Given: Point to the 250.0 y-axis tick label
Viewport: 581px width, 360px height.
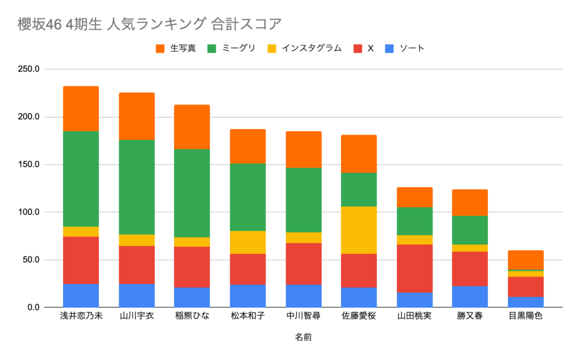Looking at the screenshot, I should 28,69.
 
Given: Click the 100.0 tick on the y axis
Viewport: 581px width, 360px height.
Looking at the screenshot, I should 28,212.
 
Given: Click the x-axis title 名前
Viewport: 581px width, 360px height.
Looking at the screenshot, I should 303,337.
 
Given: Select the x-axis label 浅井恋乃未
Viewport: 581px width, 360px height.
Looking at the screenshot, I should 81,316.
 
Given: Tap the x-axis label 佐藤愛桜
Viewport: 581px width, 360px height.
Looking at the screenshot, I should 359,316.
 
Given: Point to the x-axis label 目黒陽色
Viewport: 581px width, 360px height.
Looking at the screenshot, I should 525,316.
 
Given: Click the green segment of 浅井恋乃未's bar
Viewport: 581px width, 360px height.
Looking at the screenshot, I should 81,179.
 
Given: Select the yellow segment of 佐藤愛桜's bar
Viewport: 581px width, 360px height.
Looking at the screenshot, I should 359,230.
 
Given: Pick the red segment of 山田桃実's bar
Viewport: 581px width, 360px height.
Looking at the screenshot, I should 414,269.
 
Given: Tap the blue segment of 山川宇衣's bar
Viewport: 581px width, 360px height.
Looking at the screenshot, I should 136,295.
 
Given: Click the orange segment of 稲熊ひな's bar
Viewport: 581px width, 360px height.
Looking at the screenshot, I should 192,127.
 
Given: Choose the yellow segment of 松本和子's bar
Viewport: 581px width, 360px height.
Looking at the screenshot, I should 247,242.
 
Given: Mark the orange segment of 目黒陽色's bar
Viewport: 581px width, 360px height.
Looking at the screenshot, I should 525,259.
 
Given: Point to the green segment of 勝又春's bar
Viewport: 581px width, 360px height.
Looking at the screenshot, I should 470,230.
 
